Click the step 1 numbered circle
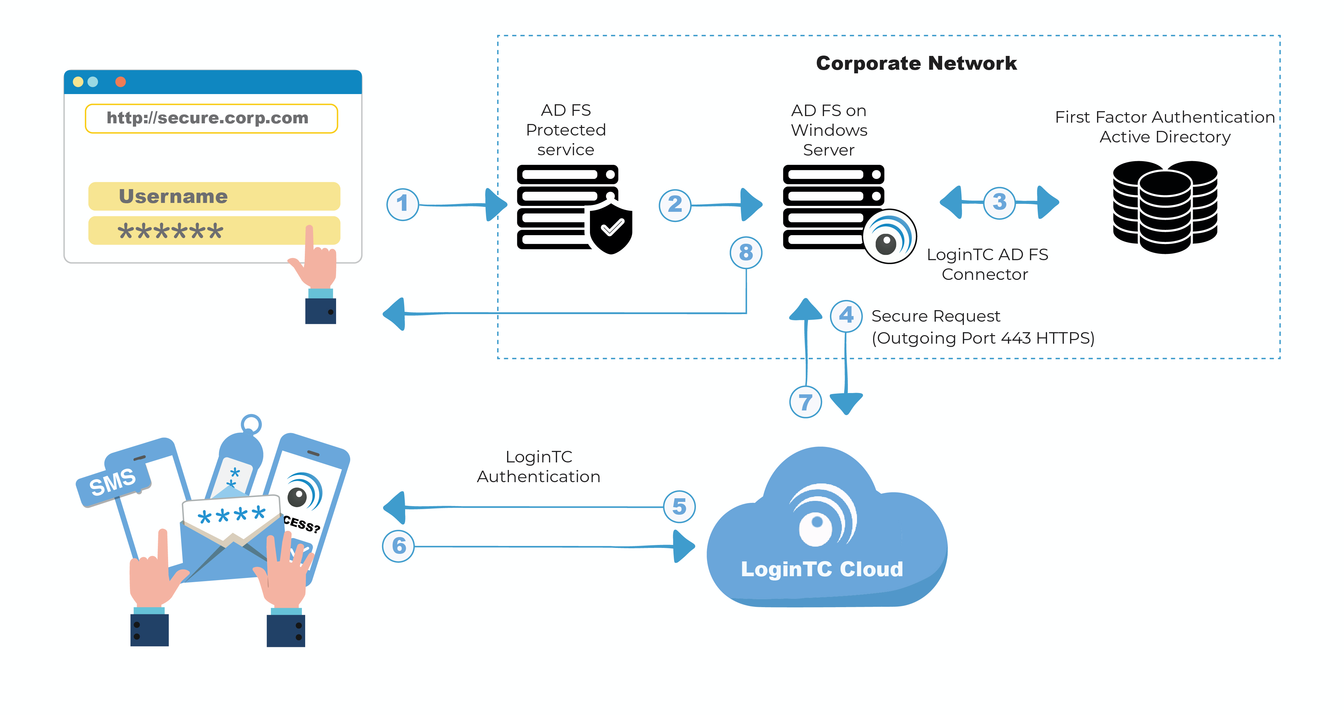point(402,204)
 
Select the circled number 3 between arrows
point(999,203)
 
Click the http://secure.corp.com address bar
point(211,118)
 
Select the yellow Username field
point(214,196)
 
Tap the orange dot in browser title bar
point(120,82)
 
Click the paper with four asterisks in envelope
point(231,515)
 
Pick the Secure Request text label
point(936,316)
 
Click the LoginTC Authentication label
point(538,467)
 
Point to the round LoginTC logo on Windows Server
point(889,237)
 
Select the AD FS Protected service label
point(566,130)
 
